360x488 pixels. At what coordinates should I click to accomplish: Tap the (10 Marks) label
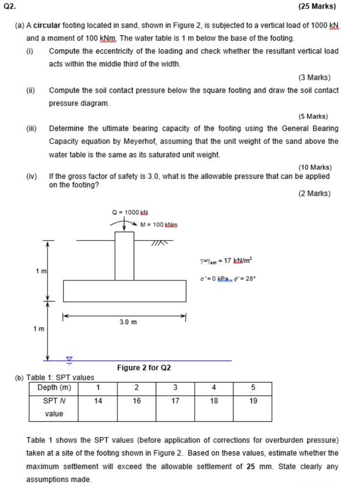(x=315, y=167)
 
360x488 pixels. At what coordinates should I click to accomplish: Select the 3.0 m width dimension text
(x=128, y=322)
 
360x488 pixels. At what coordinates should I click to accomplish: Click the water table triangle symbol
(x=70, y=360)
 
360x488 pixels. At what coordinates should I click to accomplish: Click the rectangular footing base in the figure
(x=124, y=291)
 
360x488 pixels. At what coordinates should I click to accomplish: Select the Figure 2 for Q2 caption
(x=144, y=368)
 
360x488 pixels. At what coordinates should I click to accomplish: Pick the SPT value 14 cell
(x=98, y=401)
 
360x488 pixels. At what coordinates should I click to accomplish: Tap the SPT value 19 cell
(x=252, y=401)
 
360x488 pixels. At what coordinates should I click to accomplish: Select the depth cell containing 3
(x=175, y=387)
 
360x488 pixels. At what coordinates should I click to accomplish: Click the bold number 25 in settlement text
(x=251, y=467)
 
